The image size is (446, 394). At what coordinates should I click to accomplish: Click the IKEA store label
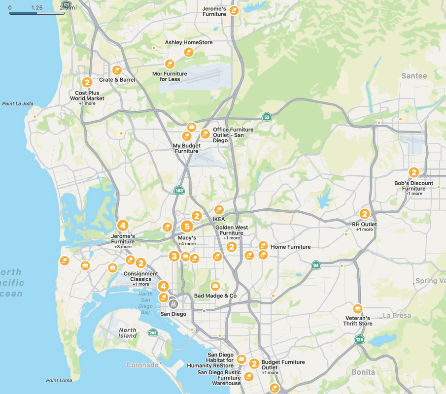coord(218,219)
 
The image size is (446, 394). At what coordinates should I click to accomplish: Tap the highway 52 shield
coord(267,117)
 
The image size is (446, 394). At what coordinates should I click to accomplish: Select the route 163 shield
coord(179,190)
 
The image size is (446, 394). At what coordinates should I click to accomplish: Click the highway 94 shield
coord(316,265)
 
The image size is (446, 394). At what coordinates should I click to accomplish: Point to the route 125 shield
coord(359,339)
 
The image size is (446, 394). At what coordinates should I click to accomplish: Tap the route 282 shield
coord(153,333)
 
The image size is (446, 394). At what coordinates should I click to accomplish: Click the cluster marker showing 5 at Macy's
coord(186,227)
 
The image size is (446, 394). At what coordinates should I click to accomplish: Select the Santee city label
coord(414,76)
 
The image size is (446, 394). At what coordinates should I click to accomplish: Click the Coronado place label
coord(142,365)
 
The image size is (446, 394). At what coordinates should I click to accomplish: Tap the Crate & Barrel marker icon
coord(117,70)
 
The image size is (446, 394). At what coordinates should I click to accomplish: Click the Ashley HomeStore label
coord(189,43)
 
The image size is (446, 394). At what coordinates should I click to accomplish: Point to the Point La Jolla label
coord(18,104)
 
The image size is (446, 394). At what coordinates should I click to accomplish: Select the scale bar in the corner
coord(37,13)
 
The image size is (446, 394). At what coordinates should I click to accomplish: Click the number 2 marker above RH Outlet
coord(365,214)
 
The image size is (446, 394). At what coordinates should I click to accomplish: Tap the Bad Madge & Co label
coord(215,295)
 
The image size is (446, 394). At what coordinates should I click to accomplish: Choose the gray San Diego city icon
coord(173,303)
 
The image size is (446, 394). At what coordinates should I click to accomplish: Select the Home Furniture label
coord(291,247)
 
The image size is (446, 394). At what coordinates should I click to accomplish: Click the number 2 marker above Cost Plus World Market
coord(87,82)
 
